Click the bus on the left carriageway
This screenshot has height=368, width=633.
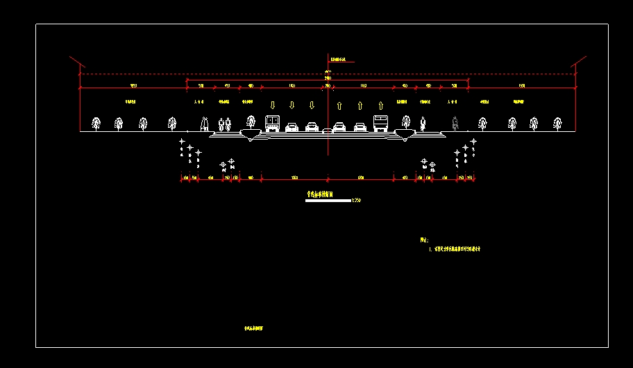tap(272, 124)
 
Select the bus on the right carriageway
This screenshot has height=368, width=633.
tap(380, 124)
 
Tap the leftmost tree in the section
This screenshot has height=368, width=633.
tap(96, 124)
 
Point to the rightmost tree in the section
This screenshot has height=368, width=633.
tap(557, 124)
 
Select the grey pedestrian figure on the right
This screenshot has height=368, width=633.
tap(454, 123)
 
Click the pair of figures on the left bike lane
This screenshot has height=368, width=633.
tap(223, 124)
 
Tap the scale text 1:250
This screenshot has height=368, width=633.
tap(357, 201)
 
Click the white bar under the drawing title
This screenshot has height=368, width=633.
tap(328, 201)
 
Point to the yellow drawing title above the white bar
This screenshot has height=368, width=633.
tap(320, 195)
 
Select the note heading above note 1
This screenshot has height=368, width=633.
tap(424, 239)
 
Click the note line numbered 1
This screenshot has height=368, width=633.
tap(455, 248)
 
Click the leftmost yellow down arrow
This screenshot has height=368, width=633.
tap(272, 105)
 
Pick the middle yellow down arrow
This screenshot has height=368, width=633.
tap(292, 105)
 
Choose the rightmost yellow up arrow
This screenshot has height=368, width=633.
tap(380, 106)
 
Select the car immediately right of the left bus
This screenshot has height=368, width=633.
tap(292, 127)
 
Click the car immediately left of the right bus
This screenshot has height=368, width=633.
tap(360, 127)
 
